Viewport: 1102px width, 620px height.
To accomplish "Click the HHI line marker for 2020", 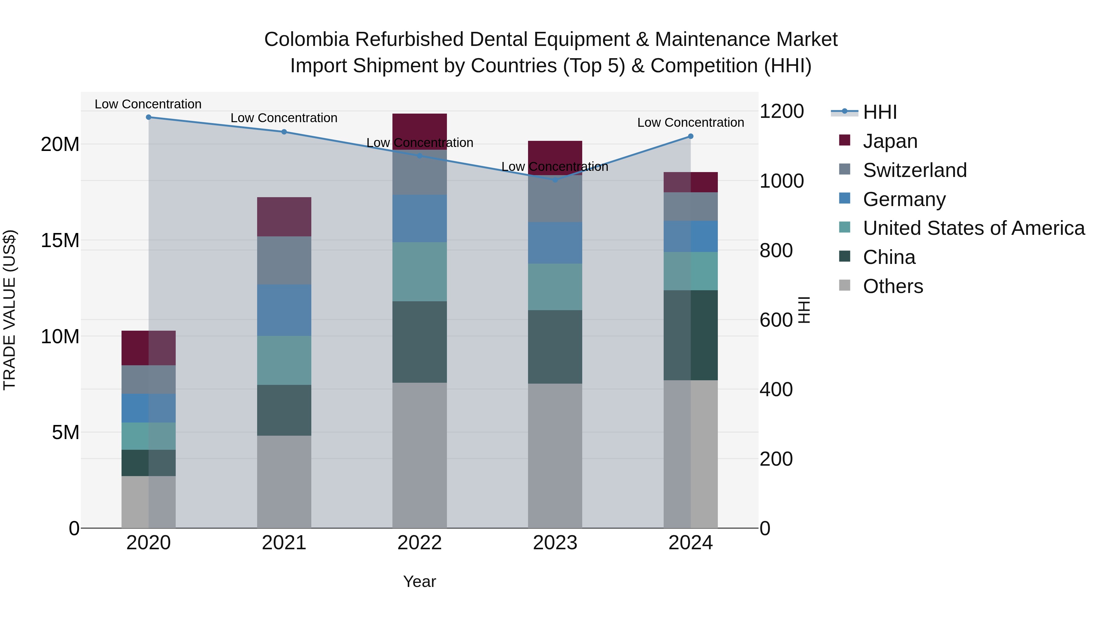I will (x=148, y=117).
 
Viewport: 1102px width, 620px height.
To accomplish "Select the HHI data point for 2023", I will (x=555, y=180).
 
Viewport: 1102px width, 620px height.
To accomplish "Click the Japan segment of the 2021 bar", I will (x=284, y=216).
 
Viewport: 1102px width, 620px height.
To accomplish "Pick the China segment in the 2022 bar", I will (x=419, y=342).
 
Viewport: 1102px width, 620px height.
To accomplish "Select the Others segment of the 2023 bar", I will (x=555, y=455).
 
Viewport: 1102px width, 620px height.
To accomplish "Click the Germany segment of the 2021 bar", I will (x=284, y=310).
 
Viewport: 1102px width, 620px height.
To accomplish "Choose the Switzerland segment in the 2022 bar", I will (x=419, y=172).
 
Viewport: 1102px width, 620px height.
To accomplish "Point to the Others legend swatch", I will (x=845, y=285).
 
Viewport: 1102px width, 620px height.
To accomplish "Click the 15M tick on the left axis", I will (x=60, y=240).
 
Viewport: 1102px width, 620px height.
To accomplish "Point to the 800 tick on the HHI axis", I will (x=776, y=251).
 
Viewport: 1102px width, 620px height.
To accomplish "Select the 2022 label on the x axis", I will (x=419, y=543).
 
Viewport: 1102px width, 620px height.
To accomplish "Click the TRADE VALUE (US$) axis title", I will (x=9, y=310).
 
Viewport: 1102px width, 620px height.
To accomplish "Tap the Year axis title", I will (x=419, y=581).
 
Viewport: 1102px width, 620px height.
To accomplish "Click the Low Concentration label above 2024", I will (x=691, y=122).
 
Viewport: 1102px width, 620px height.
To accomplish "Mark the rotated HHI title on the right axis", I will (x=804, y=310).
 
